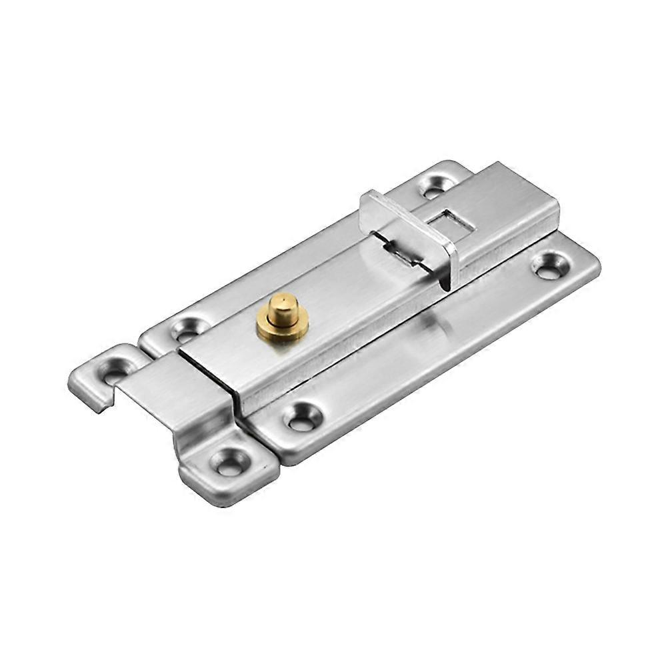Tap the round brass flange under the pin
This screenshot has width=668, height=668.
pyautogui.click(x=283, y=331)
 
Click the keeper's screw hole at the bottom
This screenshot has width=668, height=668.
pyautogui.click(x=230, y=461)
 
